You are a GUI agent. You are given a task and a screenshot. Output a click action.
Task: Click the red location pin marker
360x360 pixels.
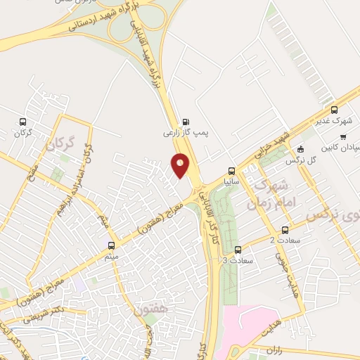click(x=181, y=165)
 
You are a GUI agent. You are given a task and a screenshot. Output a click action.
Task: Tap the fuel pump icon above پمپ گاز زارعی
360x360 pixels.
click(x=185, y=120)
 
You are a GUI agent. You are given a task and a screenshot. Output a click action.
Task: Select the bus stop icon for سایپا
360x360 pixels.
click(x=231, y=170)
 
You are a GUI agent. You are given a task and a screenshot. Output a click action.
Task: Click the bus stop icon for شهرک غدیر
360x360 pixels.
click(x=334, y=110)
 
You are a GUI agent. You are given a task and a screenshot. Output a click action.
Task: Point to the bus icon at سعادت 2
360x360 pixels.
click(x=285, y=229)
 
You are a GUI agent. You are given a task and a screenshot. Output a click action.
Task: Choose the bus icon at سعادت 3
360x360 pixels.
click(x=238, y=249)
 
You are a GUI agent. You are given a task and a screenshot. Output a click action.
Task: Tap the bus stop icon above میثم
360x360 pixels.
click(x=111, y=245)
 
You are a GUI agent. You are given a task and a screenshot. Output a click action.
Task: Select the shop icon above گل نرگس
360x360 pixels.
click(x=301, y=148)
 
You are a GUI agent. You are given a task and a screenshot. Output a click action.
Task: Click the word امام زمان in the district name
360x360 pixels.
click(x=265, y=204)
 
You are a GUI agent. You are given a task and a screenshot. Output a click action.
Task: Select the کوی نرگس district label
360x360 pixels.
click(x=335, y=214)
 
